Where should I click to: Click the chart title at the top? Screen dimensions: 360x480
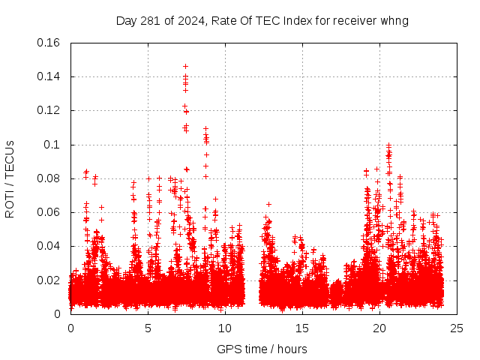point(262,20)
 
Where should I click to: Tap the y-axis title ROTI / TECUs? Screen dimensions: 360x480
point(10,178)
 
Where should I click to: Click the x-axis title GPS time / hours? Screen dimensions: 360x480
point(262,349)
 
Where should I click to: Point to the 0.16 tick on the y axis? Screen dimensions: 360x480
point(49,43)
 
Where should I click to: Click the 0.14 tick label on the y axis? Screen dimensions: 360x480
point(49,76)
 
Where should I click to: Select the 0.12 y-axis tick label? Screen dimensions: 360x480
point(49,110)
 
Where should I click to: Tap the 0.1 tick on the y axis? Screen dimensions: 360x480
point(55,144)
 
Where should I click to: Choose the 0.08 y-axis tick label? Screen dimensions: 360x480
point(49,178)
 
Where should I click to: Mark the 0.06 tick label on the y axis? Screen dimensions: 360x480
point(49,212)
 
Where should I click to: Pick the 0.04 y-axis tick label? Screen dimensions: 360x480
point(49,246)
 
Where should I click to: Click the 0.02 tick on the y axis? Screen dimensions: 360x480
point(49,280)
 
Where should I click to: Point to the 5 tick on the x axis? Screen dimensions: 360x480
point(148,328)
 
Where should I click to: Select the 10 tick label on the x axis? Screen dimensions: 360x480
point(225,328)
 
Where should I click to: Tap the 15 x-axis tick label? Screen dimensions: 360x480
point(302,328)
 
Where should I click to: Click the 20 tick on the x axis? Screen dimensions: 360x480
point(379,328)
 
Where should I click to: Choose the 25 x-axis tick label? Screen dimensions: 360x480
point(457,328)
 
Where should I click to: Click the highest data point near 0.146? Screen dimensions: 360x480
point(185,66)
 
